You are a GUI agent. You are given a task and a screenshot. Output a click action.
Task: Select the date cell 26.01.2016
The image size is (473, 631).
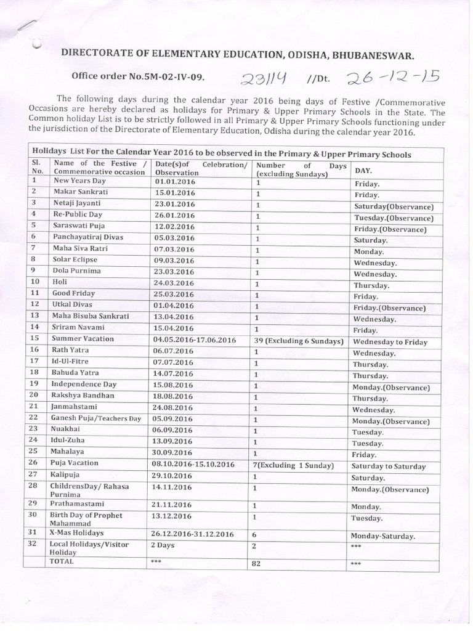tap(175, 216)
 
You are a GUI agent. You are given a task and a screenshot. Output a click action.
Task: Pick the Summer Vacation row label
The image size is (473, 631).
tap(83, 339)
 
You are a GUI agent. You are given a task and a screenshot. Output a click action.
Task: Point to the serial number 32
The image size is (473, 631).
tap(35, 543)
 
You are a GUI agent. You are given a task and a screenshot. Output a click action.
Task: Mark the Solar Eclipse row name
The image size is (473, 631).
tap(75, 260)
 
